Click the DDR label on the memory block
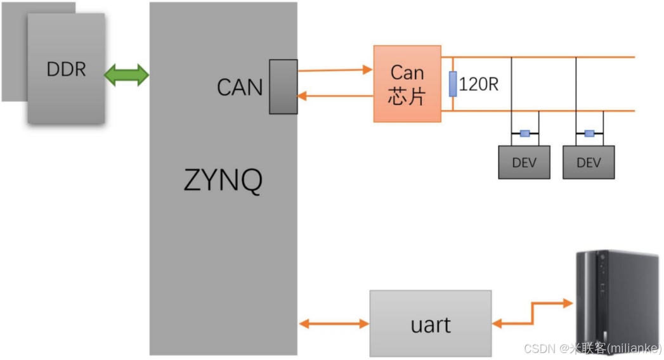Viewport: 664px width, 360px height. (66, 69)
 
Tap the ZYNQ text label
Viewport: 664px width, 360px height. (223, 181)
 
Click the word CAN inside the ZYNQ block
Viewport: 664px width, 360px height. (240, 87)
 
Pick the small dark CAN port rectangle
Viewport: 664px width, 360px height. (283, 87)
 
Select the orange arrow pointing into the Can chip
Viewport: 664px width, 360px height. (335, 70)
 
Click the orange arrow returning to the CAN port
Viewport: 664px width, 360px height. (335, 96)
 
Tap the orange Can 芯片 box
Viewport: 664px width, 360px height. (407, 84)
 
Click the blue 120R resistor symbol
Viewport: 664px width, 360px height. (453, 84)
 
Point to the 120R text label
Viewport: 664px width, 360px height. (479, 84)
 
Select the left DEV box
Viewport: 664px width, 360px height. (524, 162)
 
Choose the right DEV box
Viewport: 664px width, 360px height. (589, 162)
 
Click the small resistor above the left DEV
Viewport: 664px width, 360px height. (524, 133)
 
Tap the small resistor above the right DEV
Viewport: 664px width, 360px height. (589, 133)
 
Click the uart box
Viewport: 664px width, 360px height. (431, 323)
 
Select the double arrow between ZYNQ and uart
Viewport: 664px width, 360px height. (334, 324)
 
